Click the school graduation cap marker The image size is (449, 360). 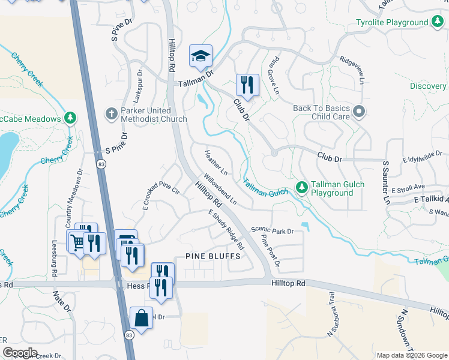tap(201, 57)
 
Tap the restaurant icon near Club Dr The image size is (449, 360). tap(247, 85)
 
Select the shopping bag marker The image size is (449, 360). tap(141, 318)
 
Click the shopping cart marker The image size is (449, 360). tap(77, 241)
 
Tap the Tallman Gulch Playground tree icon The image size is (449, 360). tap(303, 188)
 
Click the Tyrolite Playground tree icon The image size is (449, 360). tap(439, 23)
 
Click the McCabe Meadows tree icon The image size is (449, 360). tap(70, 118)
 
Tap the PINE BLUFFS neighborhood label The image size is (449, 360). tap(212, 256)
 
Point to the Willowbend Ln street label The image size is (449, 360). tap(220, 190)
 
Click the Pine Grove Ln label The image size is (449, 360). tap(274, 76)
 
